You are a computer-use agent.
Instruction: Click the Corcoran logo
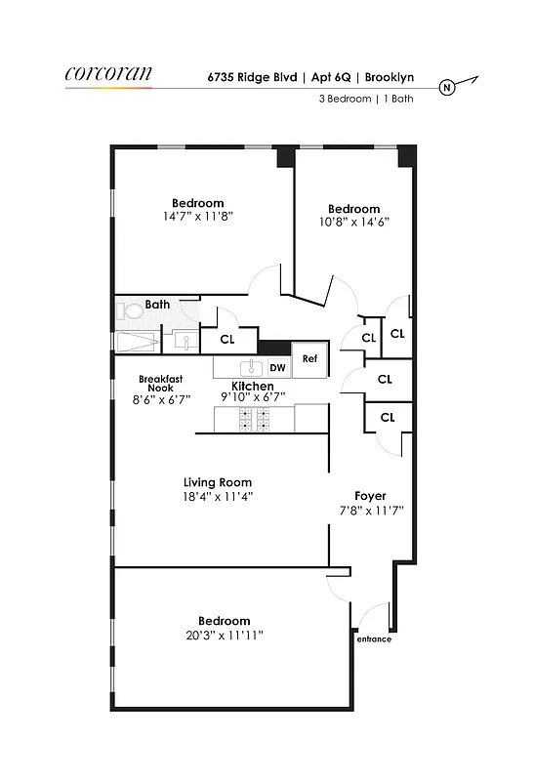tap(107, 74)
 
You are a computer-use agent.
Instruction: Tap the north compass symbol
tap(447, 87)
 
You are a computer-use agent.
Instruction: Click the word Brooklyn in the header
tap(399, 74)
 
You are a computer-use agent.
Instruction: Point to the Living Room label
tap(218, 482)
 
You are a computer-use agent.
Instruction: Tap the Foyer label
tap(371, 496)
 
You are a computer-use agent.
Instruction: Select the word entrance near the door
tap(373, 639)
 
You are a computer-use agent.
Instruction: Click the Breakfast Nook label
tap(162, 384)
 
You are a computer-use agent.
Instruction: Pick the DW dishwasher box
tap(277, 367)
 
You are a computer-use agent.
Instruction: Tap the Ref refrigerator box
tap(309, 358)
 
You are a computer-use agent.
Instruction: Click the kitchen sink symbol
tap(251, 367)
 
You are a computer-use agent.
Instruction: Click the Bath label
tap(157, 305)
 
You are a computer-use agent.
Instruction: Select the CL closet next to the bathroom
tap(227, 340)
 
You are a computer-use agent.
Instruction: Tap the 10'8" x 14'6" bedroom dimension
tap(353, 222)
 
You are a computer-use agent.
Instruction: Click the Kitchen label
tap(252, 387)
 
